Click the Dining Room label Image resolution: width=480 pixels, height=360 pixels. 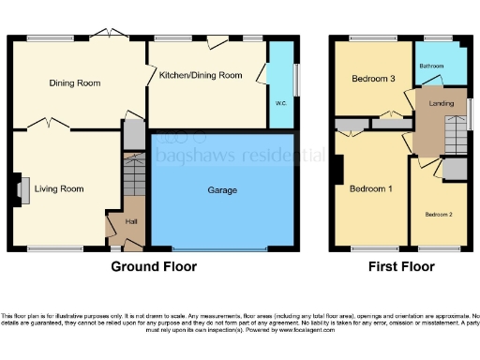74,83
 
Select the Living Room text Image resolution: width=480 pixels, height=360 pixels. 59,188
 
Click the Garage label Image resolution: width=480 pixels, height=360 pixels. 222,190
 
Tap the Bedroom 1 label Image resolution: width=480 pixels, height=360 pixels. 370,188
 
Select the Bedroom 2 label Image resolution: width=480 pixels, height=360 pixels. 438,215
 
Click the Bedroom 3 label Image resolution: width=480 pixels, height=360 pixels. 372,79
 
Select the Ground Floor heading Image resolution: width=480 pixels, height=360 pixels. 154,266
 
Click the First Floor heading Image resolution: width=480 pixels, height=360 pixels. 401,266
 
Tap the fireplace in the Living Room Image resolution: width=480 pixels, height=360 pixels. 21,188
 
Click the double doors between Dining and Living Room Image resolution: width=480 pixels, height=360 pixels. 48,125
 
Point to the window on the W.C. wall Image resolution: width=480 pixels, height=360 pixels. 297,79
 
